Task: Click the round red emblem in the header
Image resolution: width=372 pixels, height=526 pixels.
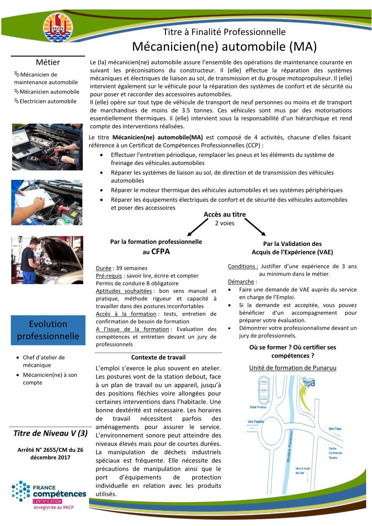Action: click(57, 27)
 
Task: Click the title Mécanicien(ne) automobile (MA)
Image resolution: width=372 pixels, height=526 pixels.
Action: click(224, 46)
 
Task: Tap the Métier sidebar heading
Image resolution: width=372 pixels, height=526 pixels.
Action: click(48, 62)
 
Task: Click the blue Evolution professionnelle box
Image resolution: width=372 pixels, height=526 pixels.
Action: click(48, 330)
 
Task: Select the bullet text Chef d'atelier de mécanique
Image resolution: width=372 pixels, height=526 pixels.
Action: click(44, 361)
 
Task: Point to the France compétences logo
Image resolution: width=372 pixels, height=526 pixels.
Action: click(49, 495)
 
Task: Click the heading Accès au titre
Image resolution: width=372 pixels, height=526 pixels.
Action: click(224, 214)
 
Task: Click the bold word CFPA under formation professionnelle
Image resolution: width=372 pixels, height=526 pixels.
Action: click(161, 252)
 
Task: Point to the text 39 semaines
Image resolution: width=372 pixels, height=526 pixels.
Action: click(131, 268)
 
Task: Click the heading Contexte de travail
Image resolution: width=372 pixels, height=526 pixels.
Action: click(158, 357)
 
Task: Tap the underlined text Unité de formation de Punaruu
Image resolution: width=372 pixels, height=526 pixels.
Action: click(293, 368)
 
